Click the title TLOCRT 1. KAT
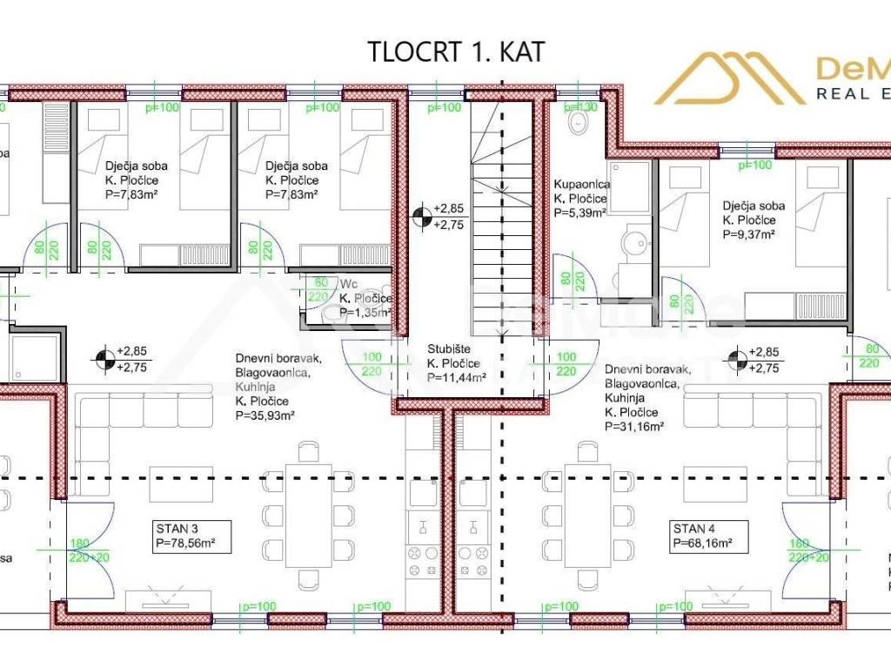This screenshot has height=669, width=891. coord(456,51)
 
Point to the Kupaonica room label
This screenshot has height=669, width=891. coord(582,185)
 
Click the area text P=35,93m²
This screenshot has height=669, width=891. coord(265,415)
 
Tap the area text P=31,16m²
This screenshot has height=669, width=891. coord(634,426)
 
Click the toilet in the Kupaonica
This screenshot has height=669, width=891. coord(575,125)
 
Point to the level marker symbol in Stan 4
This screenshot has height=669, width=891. coord(738,359)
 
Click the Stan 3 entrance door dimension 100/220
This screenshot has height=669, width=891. coord(372,364)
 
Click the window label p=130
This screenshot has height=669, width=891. coord(581,107)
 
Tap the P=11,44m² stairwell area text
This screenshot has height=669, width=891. coord(455,378)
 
